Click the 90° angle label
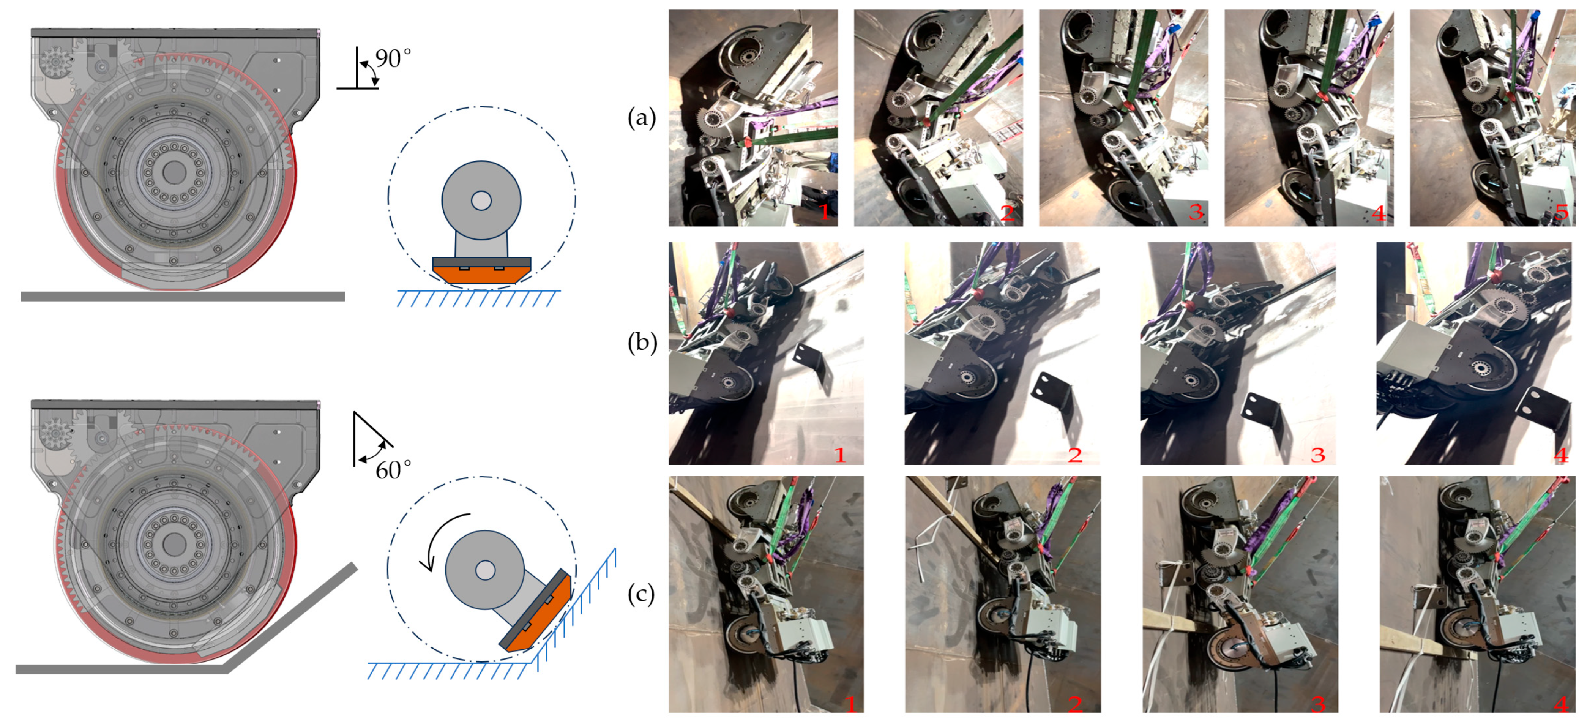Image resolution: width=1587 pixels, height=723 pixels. pos(393,58)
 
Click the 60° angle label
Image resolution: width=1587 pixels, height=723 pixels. pos(393,470)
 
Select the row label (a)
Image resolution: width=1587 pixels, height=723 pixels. pos(641,117)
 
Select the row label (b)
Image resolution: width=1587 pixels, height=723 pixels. pos(641,343)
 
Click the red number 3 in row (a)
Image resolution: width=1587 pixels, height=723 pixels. pos(1196,212)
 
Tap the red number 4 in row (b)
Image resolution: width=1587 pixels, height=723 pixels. pos(1560,455)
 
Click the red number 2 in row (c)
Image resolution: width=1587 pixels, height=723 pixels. pos(1074,704)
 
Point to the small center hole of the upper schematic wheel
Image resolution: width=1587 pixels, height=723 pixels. pos(481,200)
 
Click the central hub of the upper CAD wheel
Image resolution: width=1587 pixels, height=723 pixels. pos(174,172)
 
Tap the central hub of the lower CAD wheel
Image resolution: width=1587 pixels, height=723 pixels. pos(174,544)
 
